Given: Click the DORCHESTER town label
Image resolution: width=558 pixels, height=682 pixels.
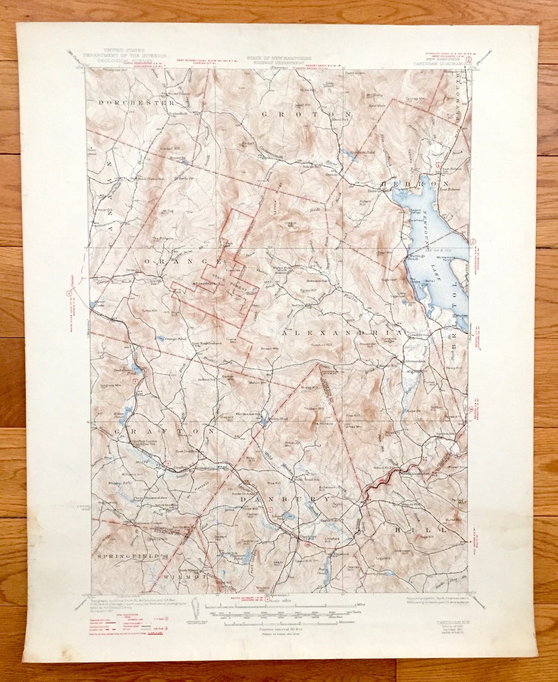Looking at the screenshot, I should [136, 103].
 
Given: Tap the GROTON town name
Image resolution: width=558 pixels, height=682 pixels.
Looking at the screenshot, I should [307, 114].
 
